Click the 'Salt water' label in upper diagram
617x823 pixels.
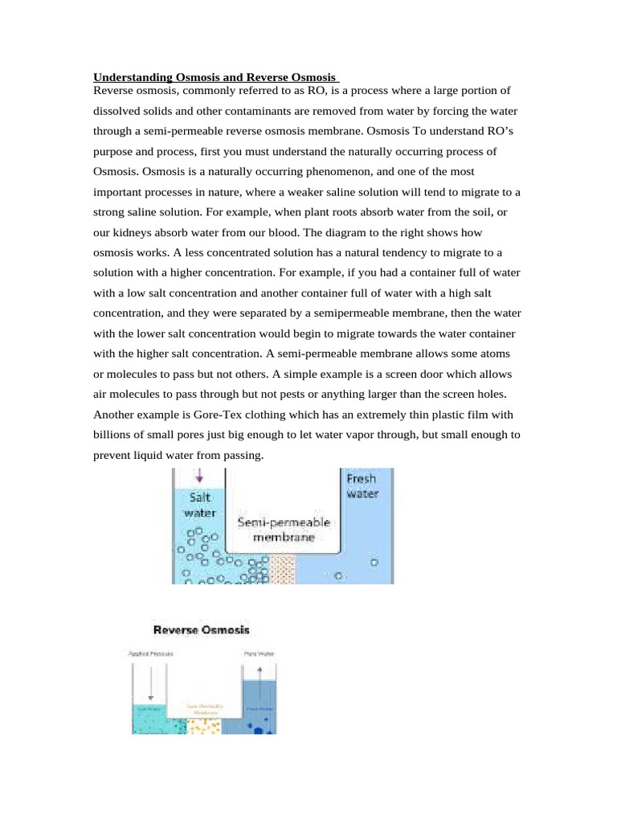pos(199,505)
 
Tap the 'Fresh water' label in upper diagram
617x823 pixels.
pos(361,486)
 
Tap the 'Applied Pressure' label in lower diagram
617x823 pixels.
pos(151,653)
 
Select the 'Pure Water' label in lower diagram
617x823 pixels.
pos(259,653)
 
